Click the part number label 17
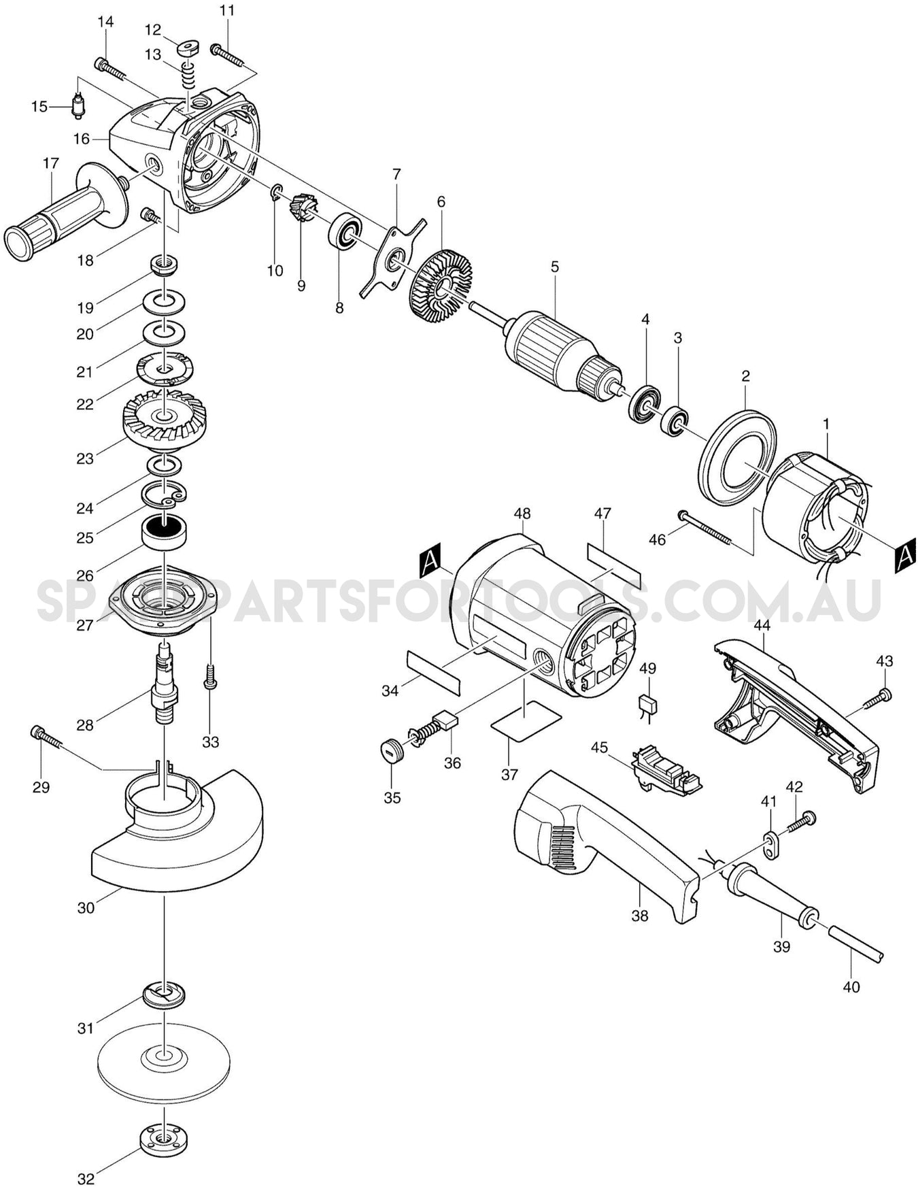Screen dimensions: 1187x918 tap(51, 163)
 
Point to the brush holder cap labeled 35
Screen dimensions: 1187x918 tap(392, 753)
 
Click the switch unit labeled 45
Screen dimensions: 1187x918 tap(666, 769)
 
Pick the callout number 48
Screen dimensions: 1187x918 tap(522, 514)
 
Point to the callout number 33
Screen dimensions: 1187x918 tap(210, 741)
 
